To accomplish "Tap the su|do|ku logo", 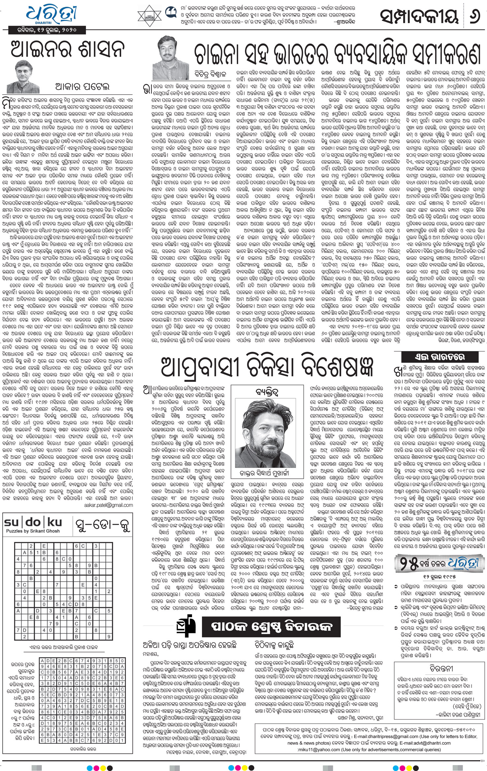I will point(33,522).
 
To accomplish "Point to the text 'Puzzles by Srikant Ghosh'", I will point(33,531).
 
